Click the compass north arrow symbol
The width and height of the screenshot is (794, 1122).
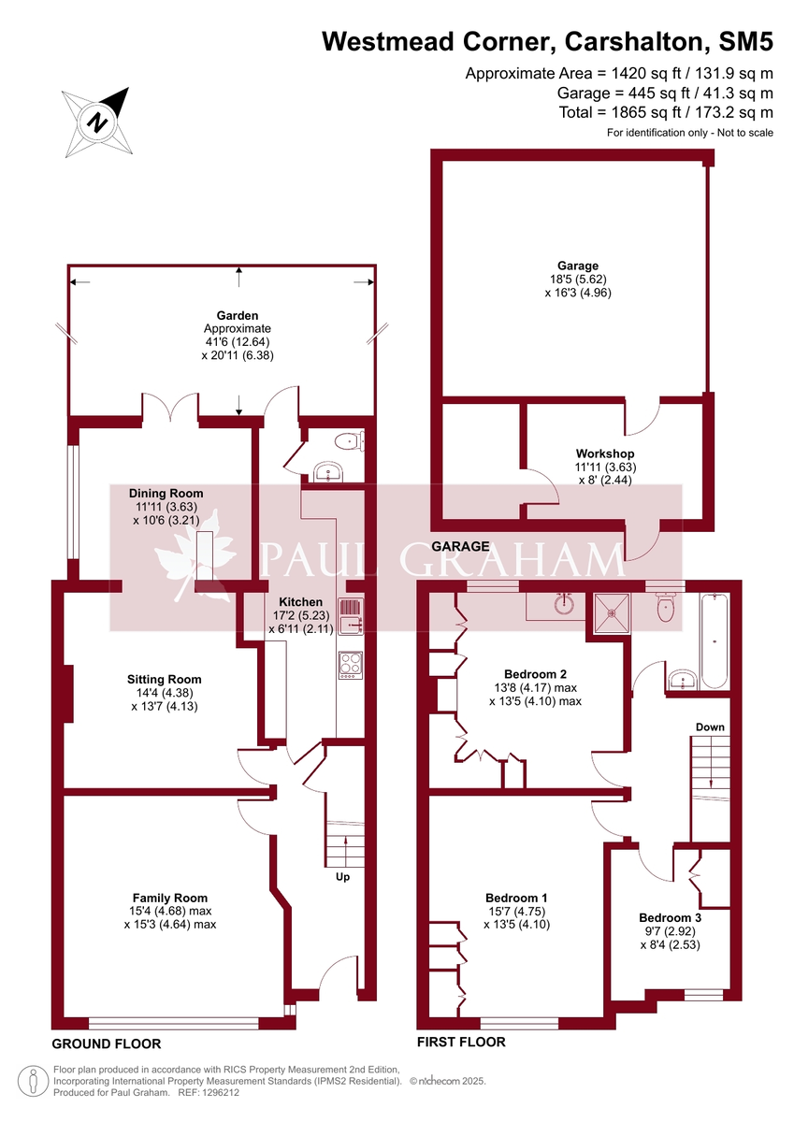[98, 121]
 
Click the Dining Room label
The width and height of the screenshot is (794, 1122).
[166, 493]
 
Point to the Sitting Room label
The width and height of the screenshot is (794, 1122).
[165, 680]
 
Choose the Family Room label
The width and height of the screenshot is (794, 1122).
[169, 898]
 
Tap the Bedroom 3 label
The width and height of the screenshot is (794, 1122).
[670, 918]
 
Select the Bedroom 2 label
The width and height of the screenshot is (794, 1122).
[535, 673]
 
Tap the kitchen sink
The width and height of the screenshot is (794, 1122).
[351, 617]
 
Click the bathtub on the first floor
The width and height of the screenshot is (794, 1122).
[716, 641]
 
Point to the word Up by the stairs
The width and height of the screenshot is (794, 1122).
[343, 877]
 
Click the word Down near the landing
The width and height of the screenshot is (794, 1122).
[710, 726]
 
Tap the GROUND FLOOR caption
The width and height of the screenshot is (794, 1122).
[106, 1043]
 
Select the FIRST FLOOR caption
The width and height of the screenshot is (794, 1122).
[461, 1042]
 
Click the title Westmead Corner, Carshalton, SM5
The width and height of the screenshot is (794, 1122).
[548, 42]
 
